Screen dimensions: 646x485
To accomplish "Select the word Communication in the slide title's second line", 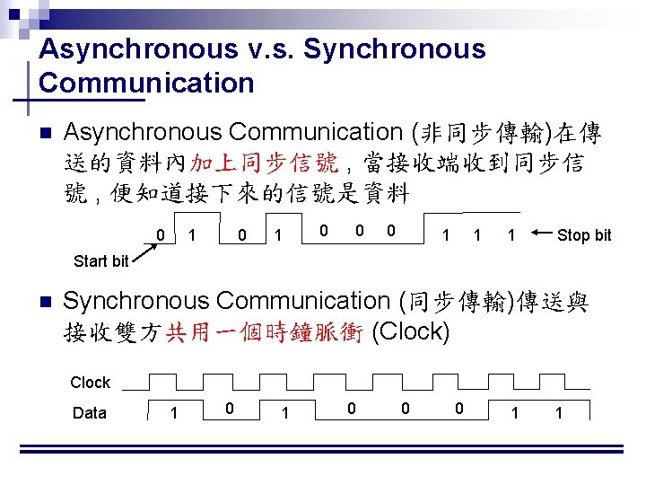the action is point(147,84).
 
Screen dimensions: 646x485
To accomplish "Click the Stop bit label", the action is point(584,235).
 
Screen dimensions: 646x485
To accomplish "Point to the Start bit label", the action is point(101,261).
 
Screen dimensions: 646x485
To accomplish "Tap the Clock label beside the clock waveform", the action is point(91,383).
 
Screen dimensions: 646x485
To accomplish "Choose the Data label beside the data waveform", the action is point(89,413).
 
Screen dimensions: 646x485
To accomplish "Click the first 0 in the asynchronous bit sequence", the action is point(160,234).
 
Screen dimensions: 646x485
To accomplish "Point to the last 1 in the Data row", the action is point(559,413).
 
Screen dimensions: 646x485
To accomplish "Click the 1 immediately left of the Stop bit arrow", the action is point(511,235).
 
